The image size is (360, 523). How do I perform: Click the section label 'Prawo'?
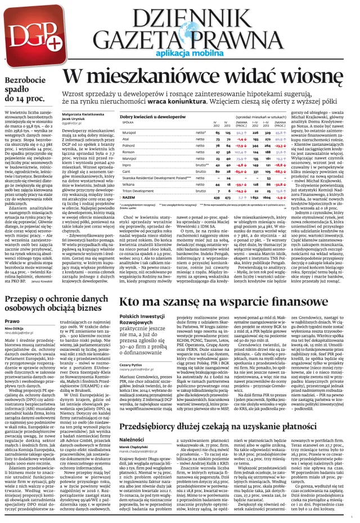click(12, 320)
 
